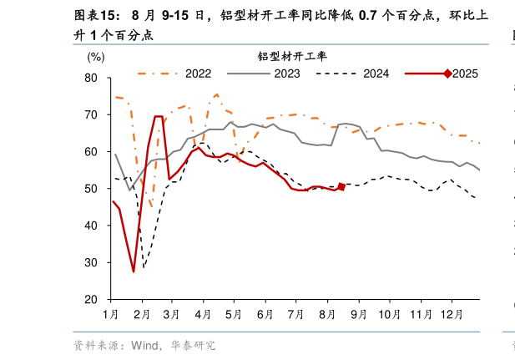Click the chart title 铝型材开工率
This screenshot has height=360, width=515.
point(291,56)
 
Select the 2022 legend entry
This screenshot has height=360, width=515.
point(197,74)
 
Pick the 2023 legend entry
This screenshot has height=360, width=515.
point(286,74)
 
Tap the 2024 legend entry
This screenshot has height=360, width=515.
point(376,74)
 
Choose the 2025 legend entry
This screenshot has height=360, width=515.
point(464,74)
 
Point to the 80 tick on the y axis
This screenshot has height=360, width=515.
point(92,78)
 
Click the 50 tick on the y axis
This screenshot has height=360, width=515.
point(92,189)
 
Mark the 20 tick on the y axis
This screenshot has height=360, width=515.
point(92,299)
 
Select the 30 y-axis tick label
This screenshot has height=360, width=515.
point(92,262)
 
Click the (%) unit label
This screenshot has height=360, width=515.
point(96,57)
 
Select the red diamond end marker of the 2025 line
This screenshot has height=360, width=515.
point(341,187)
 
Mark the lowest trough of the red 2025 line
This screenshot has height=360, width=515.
point(134,271)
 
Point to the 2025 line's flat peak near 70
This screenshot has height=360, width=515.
point(159,116)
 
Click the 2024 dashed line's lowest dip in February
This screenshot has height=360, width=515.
point(144,268)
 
